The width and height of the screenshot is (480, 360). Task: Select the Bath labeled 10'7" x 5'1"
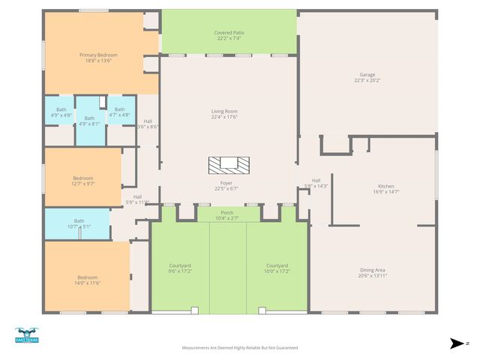point(79,223)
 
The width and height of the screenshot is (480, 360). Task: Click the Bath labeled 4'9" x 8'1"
point(89,121)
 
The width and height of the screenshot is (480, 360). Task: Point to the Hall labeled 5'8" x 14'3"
point(316,183)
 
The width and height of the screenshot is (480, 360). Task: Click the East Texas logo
point(26,335)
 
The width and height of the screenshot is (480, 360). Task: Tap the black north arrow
point(456,343)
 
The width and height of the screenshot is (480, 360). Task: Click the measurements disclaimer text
point(240,348)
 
